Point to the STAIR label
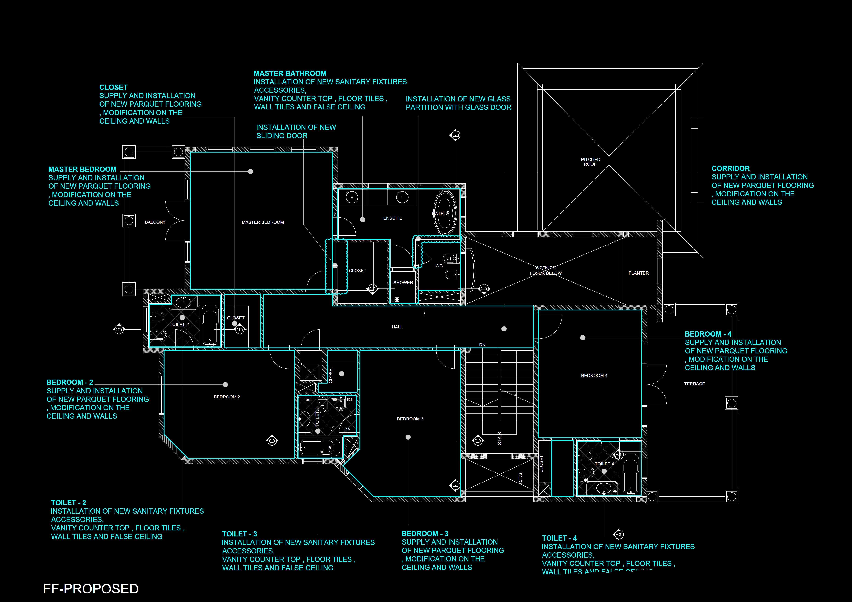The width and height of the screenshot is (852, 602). [500, 438]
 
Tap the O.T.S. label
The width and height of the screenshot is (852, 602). [520, 478]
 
